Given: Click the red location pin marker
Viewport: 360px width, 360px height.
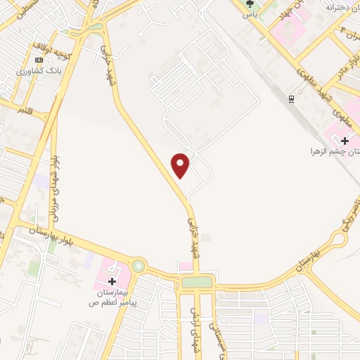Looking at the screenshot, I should coord(181,165).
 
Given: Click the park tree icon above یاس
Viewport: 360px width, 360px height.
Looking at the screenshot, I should coord(247,3).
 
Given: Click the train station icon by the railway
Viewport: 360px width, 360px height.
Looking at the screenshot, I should coord(290,98).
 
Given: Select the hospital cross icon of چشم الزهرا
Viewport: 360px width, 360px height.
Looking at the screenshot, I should coord(345,140).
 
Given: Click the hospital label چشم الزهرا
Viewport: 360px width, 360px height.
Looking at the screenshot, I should coord(336,151).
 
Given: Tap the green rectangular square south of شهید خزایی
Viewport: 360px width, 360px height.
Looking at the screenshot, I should coord(197,282).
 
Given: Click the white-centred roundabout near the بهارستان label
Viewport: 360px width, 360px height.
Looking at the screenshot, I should coord(335,238).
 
